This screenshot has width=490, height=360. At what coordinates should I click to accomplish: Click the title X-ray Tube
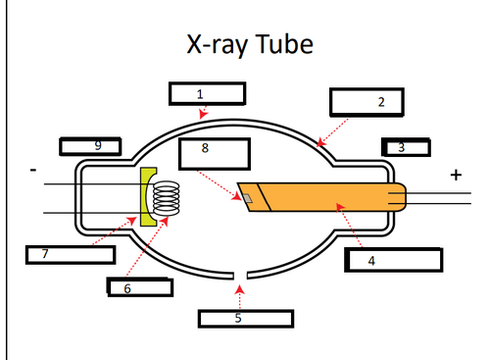pos(249,45)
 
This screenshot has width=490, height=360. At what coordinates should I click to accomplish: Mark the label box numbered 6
pos(139,286)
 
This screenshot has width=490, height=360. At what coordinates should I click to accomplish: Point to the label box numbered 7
pos(68,254)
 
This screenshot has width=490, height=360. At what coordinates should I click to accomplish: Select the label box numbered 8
pos(215,153)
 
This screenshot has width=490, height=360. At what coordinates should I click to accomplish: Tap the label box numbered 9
pos(90,146)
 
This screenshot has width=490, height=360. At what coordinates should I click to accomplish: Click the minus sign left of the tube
pos(33,169)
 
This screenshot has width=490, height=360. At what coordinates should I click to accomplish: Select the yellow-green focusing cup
pos(148,197)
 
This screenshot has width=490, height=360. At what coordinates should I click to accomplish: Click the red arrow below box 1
pos(203,114)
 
